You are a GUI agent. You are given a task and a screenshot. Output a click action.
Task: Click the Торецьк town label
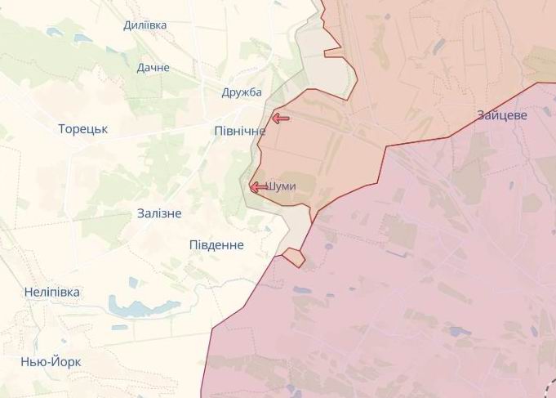click(x=83, y=129)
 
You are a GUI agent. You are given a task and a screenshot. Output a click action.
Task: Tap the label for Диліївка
click(x=145, y=25)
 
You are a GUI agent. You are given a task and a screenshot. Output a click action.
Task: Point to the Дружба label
click(x=242, y=92)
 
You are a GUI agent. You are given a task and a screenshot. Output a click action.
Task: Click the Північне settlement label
click(x=238, y=131)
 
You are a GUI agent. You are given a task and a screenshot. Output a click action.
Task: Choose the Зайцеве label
click(x=503, y=115)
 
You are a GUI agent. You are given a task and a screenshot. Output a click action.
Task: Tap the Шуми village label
click(x=282, y=186)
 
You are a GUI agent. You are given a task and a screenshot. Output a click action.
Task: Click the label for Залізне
click(x=159, y=213)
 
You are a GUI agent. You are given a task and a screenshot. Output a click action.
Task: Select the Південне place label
click(x=216, y=245)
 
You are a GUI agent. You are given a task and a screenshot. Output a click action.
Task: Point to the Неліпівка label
click(x=52, y=292)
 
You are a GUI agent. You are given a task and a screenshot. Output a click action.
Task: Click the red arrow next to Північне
click(x=280, y=119)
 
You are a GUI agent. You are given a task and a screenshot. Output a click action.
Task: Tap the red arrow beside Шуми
click(x=258, y=187)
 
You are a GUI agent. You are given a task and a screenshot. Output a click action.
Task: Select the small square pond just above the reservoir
click(x=134, y=283)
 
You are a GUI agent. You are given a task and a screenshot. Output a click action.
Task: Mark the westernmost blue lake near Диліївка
click(x=54, y=32)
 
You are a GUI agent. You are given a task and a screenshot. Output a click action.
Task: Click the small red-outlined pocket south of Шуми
click(x=294, y=257)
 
